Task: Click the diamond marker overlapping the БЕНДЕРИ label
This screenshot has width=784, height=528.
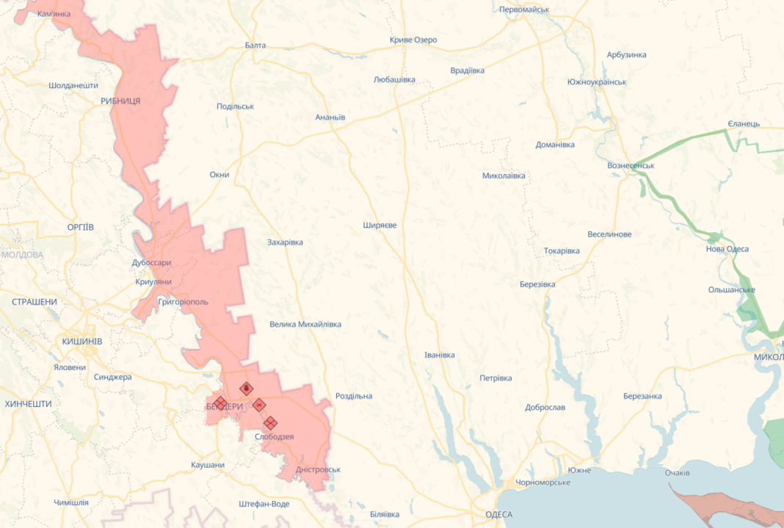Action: point(220,402)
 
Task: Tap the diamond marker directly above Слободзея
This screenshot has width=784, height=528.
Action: point(270,422)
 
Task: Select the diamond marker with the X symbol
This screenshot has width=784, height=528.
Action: point(259,404)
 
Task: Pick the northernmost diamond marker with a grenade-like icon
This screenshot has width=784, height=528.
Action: point(247,388)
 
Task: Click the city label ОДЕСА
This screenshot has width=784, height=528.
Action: point(499,514)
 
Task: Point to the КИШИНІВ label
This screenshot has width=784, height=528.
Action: point(82,341)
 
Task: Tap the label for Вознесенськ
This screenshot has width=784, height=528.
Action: point(631,165)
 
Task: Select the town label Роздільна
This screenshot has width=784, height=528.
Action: point(353,396)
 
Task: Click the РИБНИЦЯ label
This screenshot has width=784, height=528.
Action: point(120,101)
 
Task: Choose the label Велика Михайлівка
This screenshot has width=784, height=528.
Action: point(305,324)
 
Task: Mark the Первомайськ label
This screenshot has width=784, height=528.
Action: point(524,10)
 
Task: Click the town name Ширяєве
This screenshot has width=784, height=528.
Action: point(380,225)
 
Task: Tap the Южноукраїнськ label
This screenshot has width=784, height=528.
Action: point(597,82)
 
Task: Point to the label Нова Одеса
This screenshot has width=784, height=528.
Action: point(727,249)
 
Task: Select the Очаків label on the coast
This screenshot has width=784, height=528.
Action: point(677,472)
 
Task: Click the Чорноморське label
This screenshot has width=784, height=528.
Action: point(542,482)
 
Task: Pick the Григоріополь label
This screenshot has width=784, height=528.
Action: point(184,302)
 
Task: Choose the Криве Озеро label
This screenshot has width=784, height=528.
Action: point(413,40)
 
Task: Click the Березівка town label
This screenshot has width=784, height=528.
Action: point(537,284)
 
